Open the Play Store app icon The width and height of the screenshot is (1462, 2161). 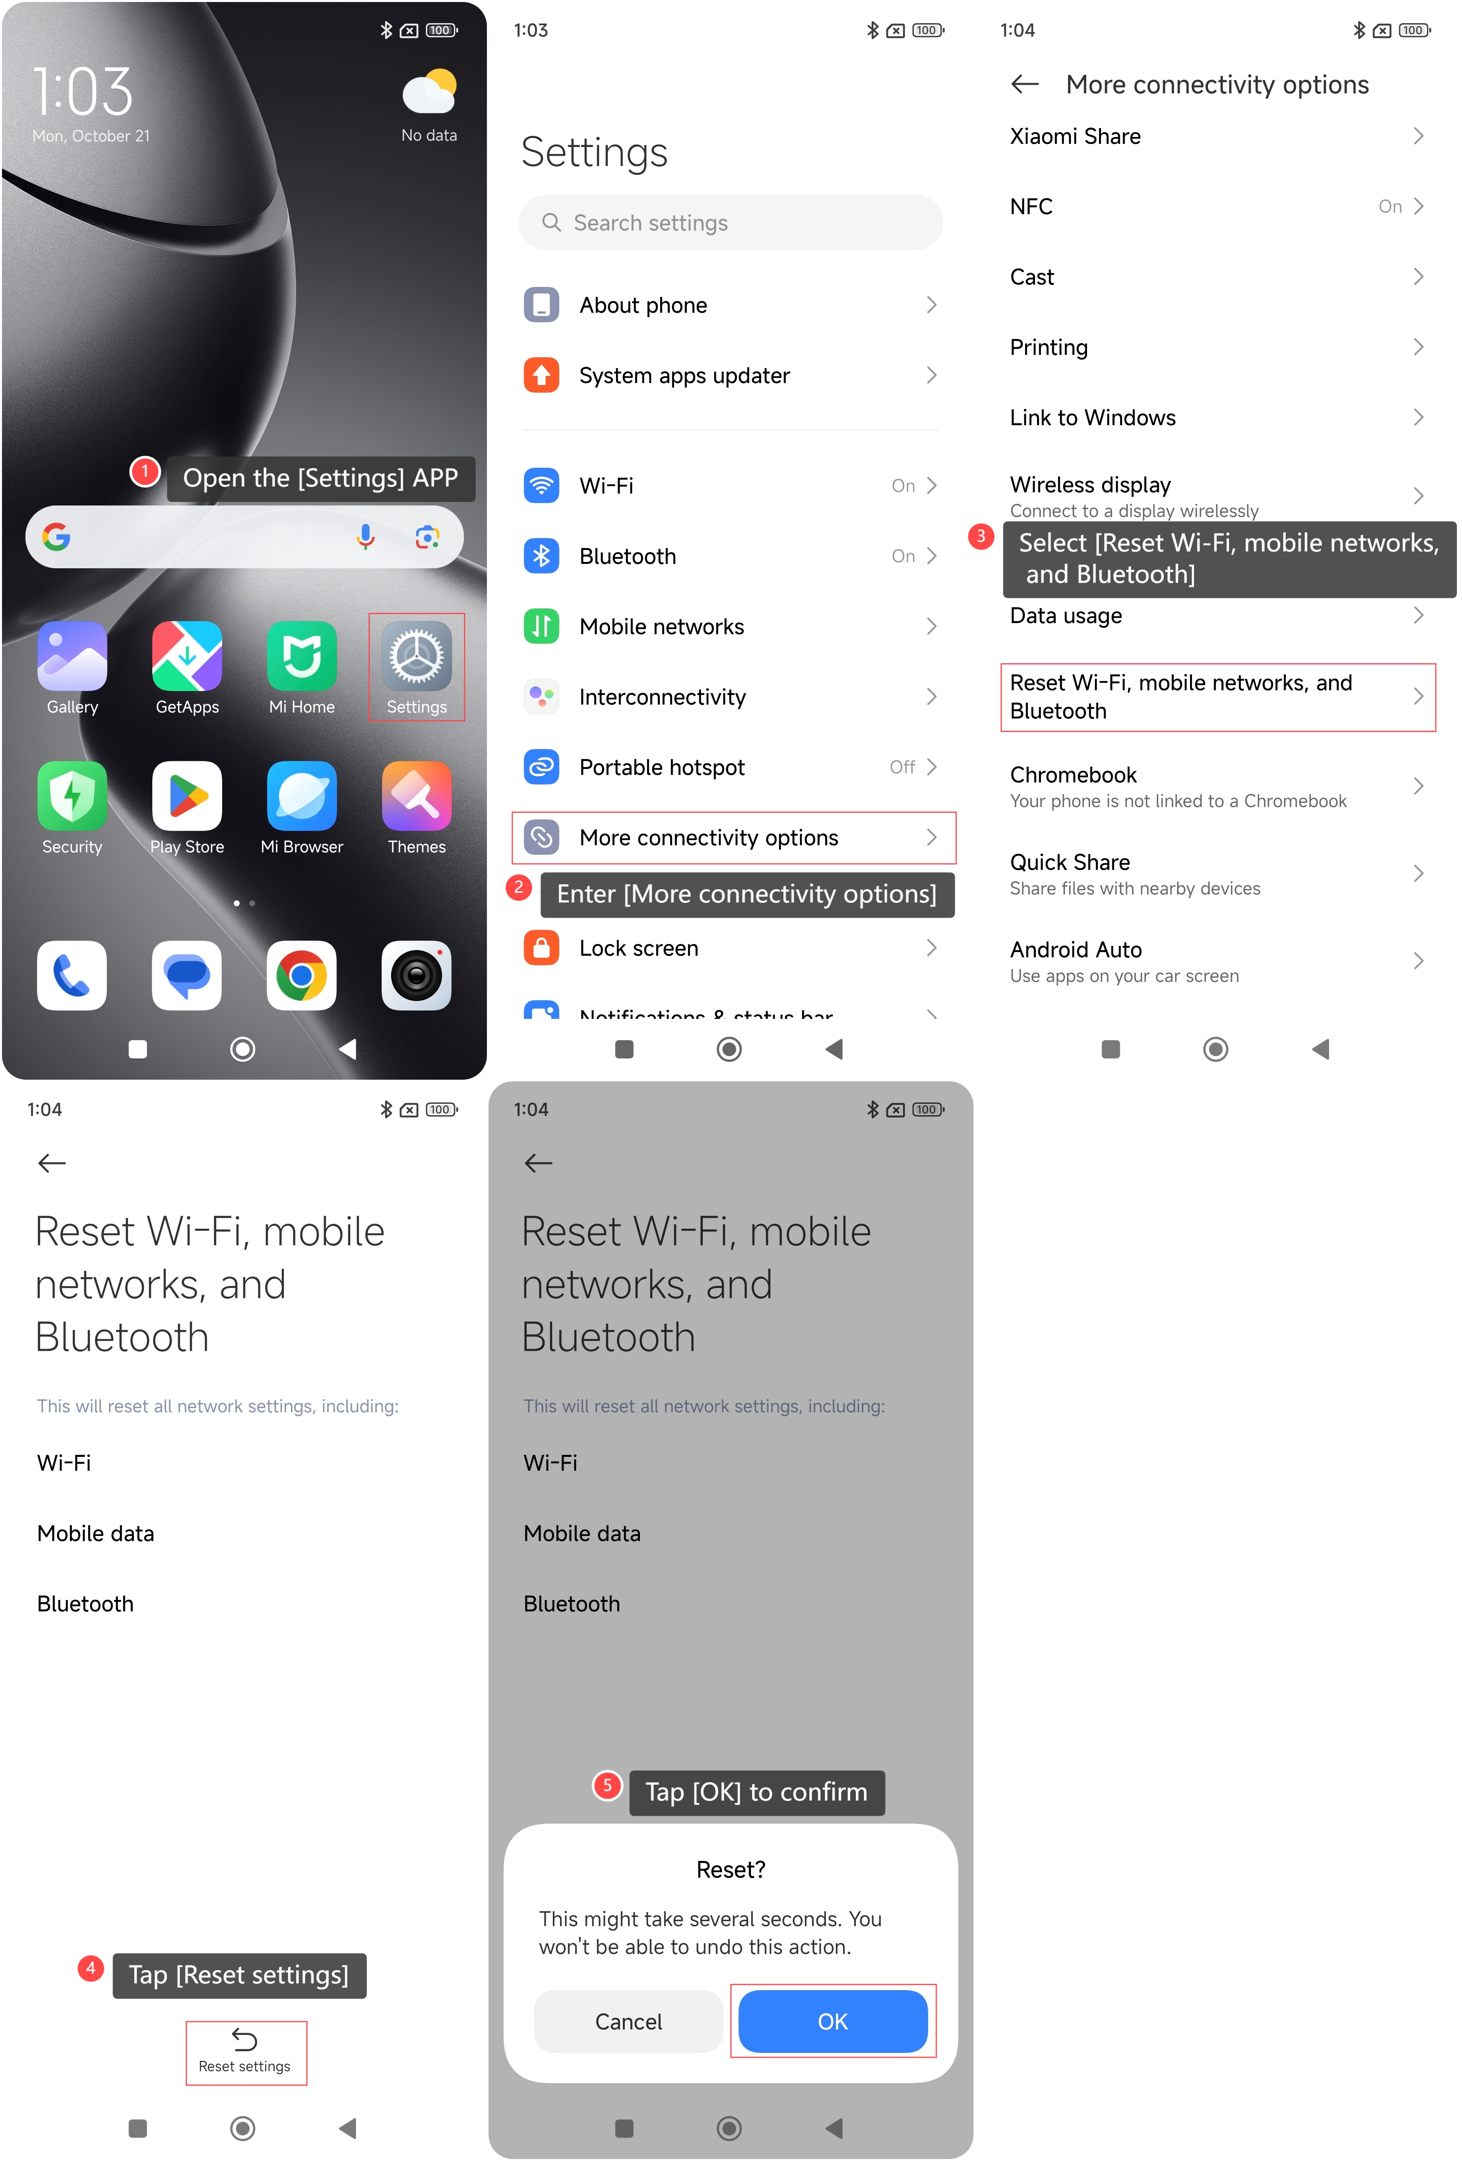click(x=187, y=796)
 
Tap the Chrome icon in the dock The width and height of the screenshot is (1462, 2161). click(x=301, y=976)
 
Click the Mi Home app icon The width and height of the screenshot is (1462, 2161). click(x=301, y=656)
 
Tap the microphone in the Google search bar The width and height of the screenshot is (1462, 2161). click(x=366, y=536)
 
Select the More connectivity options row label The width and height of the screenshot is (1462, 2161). click(x=709, y=838)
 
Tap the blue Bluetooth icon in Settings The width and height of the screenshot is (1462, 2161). click(x=541, y=556)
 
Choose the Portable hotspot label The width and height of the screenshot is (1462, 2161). click(x=662, y=767)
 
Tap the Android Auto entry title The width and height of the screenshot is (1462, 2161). click(x=1076, y=949)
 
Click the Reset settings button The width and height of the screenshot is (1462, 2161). click(x=244, y=2052)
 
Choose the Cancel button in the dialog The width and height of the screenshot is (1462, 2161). click(x=629, y=2022)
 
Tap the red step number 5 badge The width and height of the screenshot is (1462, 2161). click(x=607, y=1785)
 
